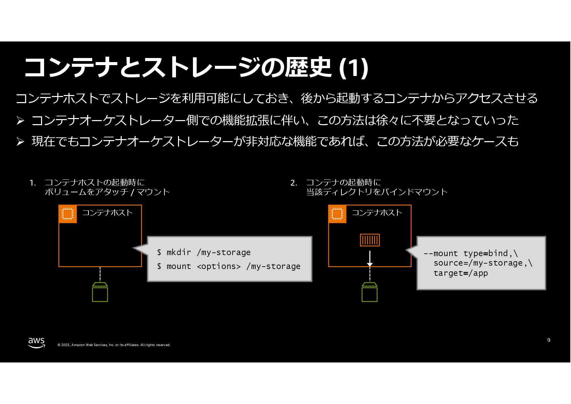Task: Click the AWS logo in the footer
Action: tap(36, 343)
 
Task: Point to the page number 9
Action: tap(549, 340)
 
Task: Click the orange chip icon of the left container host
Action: tap(67, 214)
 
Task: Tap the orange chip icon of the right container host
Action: tap(337, 214)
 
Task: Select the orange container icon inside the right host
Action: tap(370, 240)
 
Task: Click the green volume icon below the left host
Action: tap(100, 292)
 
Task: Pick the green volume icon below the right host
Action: tap(370, 292)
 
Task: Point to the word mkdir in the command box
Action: tap(179, 252)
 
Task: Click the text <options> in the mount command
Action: tap(219, 267)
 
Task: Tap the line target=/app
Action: tap(460, 273)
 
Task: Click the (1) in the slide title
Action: tap(354, 68)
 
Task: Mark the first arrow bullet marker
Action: tap(20, 120)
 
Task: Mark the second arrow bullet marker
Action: tap(20, 141)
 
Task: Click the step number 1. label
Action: tap(33, 183)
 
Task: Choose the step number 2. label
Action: tap(294, 183)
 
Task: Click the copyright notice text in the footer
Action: tap(114, 345)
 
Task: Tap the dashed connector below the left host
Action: tap(100, 274)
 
